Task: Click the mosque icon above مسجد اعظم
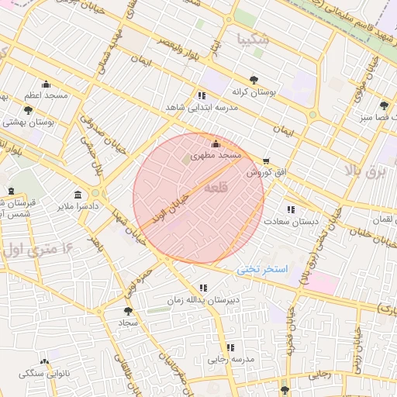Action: click(x=46, y=85)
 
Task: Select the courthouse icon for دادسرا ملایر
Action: click(x=77, y=195)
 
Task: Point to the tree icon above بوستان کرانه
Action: click(x=254, y=80)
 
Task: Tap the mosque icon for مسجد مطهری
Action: click(x=216, y=143)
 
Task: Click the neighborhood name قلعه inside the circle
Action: click(x=218, y=188)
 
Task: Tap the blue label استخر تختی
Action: click(x=263, y=268)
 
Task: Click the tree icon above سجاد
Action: click(x=128, y=310)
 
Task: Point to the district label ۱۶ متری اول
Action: click(x=36, y=250)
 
